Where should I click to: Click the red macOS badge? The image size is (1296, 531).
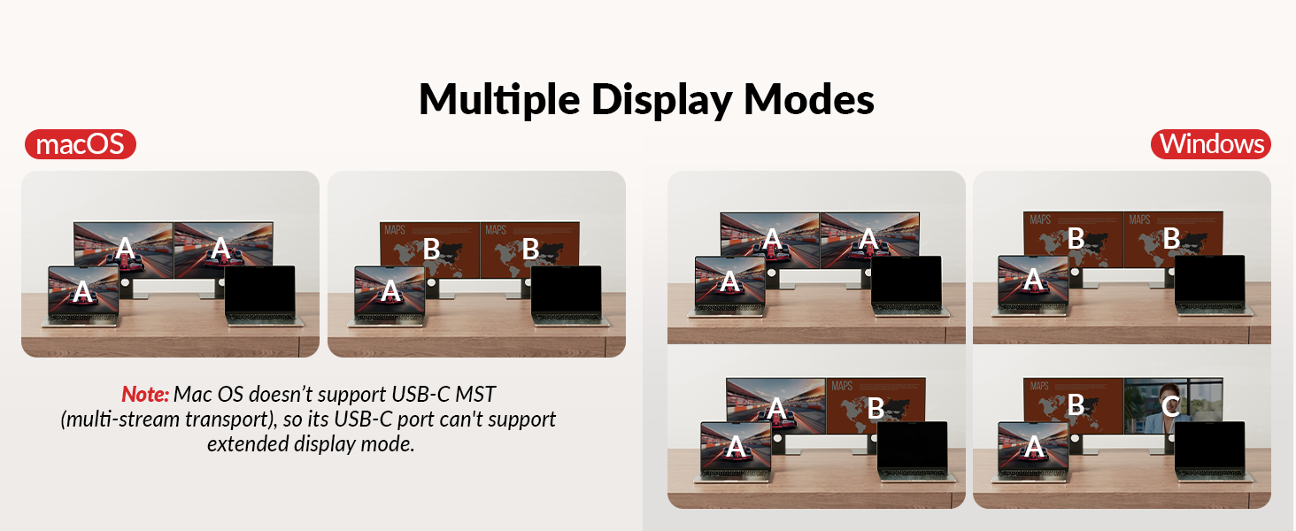coord(80,143)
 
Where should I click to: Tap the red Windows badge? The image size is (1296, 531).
coord(1211,143)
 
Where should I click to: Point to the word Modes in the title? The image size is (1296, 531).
coord(809,99)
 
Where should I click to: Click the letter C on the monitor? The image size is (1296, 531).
coord(1170,406)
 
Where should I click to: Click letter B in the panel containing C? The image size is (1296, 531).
coord(1076,405)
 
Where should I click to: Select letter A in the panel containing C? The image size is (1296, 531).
coord(1032,448)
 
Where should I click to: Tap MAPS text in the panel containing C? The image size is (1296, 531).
coord(1040,387)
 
